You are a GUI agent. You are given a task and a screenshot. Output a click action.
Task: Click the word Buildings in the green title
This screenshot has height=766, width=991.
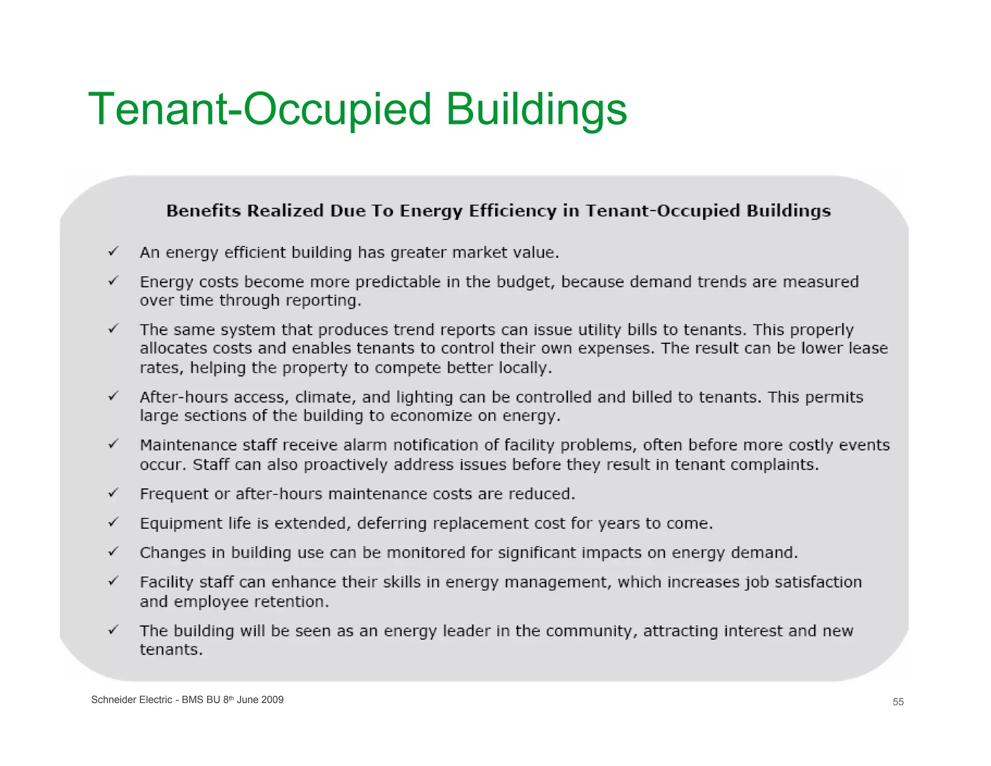pos(536,109)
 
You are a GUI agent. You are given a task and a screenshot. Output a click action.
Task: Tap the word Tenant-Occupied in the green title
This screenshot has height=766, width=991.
pos(259,109)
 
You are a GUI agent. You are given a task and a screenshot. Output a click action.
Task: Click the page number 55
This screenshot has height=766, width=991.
pos(898,702)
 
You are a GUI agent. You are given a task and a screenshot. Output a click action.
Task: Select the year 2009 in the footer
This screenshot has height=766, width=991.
pos(272,700)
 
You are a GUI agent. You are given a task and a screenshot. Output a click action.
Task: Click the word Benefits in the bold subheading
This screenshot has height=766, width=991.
pos(204,211)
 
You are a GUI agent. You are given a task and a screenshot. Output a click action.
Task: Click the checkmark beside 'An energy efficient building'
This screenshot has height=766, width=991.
pos(113,251)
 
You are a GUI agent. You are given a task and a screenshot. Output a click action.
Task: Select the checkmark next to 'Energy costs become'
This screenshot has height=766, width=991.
pos(113,280)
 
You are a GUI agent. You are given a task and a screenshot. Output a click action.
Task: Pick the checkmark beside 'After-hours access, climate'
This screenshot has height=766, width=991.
pos(113,396)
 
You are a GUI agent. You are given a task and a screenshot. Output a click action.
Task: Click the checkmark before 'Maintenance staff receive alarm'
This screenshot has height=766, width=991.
pos(113,444)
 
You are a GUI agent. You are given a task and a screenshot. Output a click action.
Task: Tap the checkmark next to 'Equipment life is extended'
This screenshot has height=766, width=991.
pos(113,522)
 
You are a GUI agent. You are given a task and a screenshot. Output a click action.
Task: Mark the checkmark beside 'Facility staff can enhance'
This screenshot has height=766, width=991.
pos(113,581)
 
